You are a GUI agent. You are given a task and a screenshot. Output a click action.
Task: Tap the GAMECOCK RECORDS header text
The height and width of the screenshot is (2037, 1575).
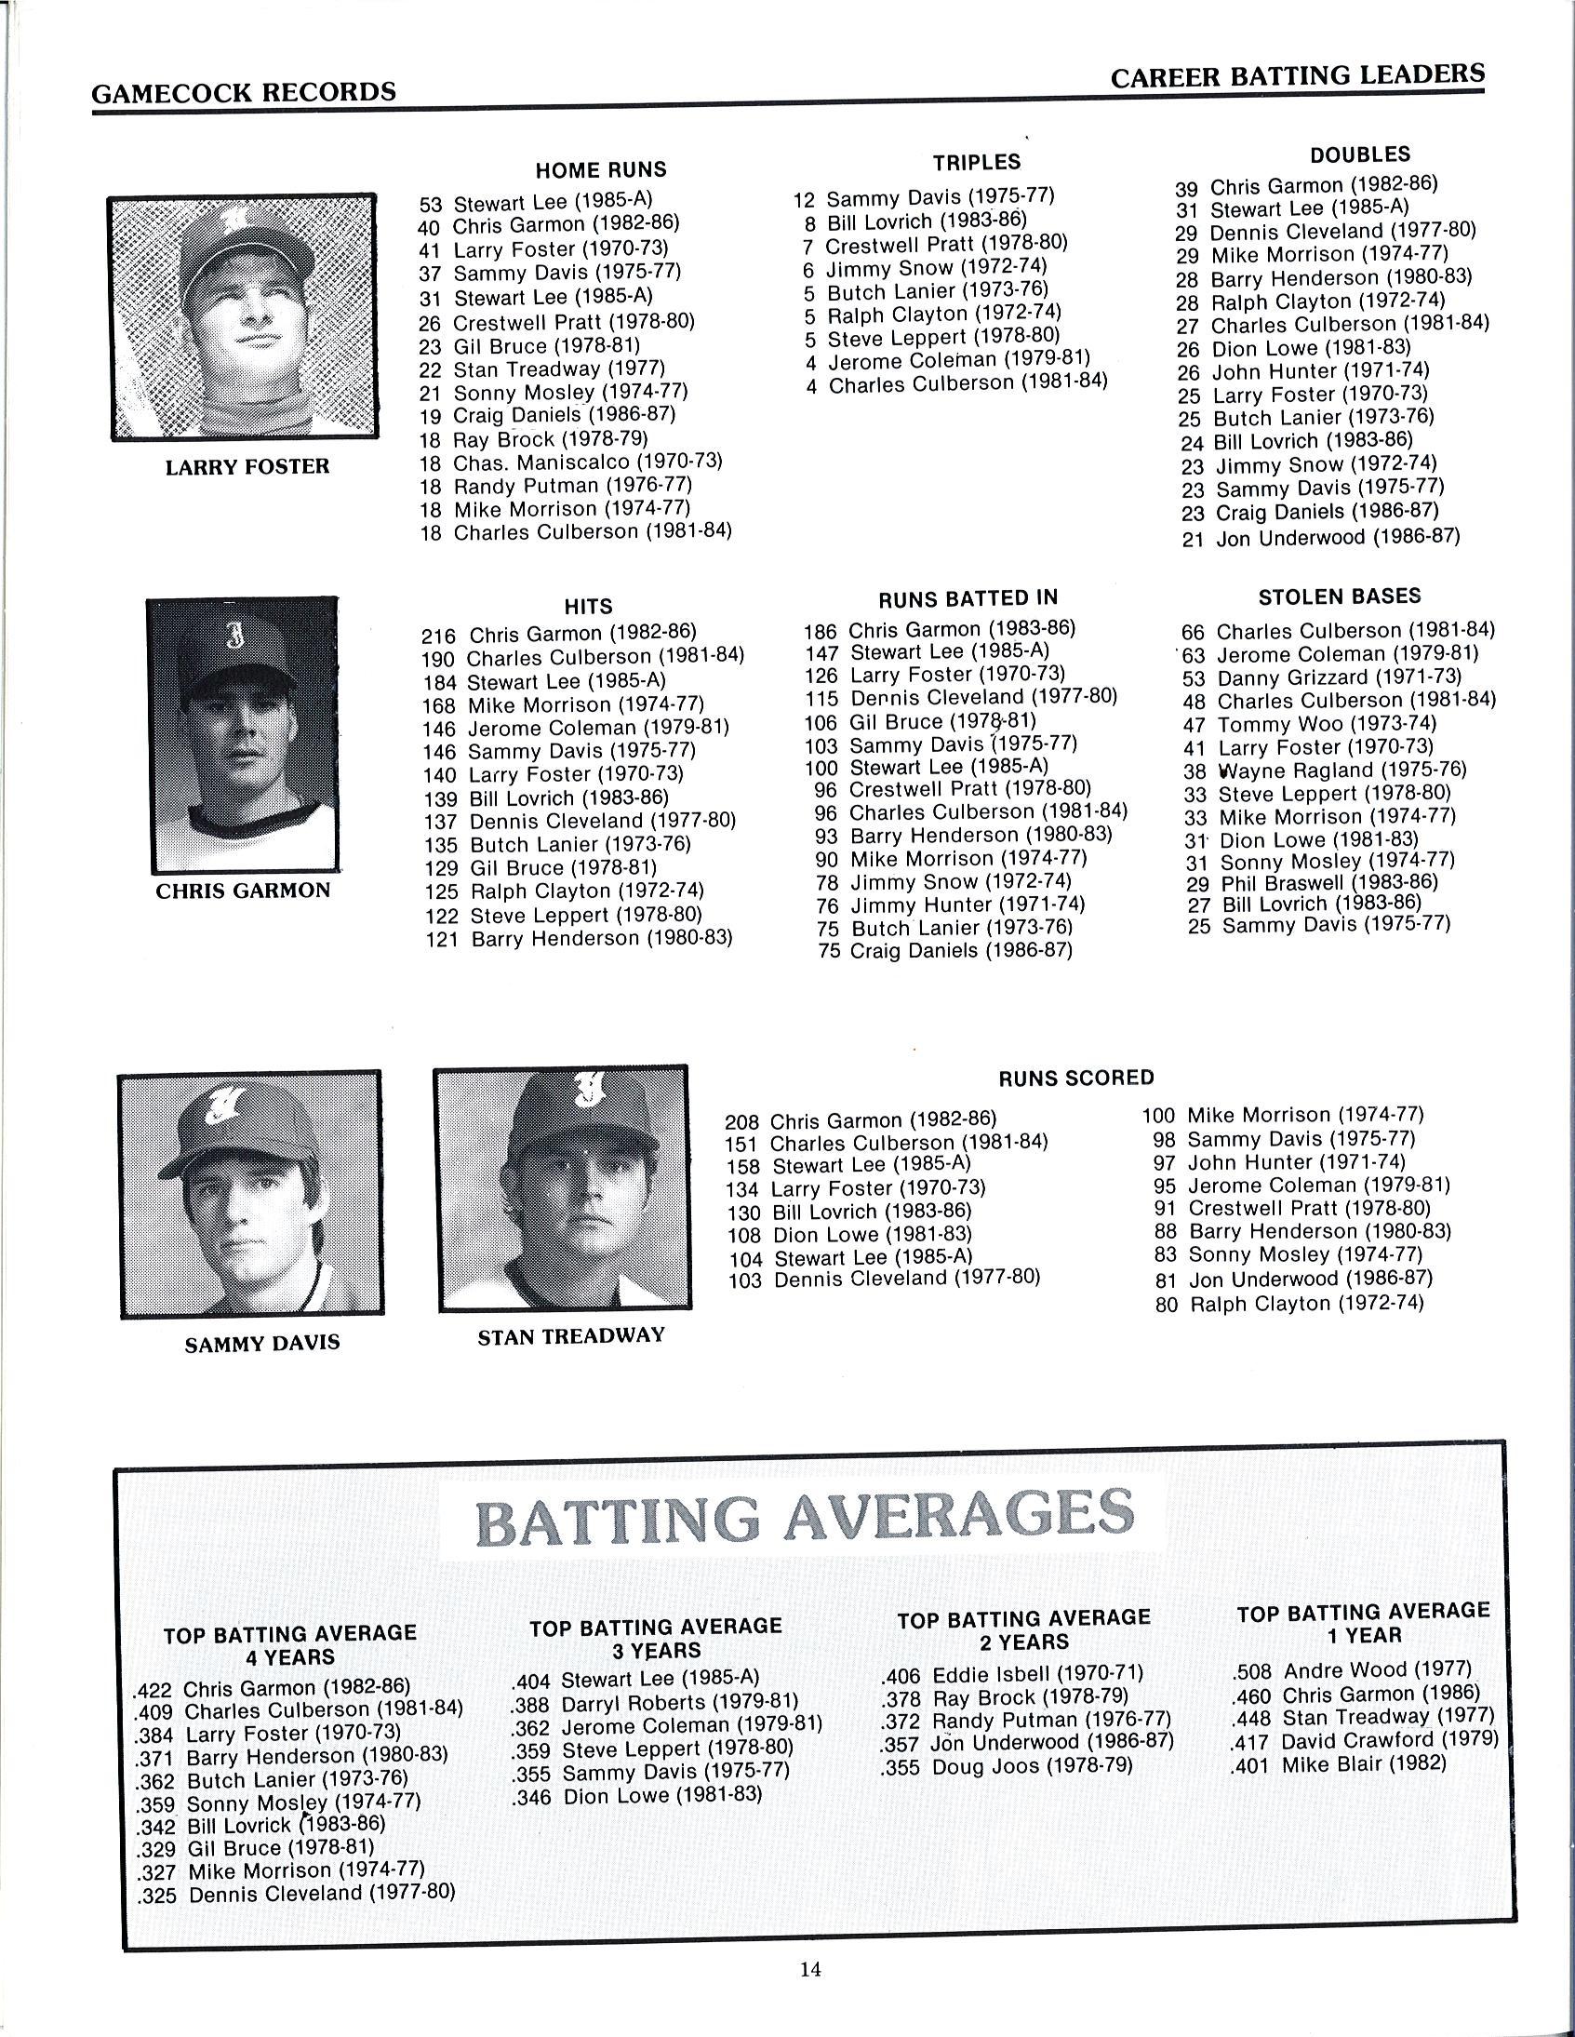pos(244,92)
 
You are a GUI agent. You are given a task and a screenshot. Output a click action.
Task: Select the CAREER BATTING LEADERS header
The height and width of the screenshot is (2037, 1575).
pos(1297,76)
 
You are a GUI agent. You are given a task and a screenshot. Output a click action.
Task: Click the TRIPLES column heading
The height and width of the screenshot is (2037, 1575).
pos(976,162)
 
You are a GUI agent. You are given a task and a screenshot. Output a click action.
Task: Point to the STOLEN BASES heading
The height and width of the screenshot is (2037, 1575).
pos(1339,596)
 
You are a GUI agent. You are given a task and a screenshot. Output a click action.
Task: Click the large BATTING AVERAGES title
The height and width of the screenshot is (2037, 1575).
pos(806,1518)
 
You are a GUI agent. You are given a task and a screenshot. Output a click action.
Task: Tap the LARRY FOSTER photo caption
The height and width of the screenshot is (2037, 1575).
pos(247,466)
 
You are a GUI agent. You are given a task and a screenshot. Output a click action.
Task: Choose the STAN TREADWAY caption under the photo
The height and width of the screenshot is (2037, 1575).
pos(570,1335)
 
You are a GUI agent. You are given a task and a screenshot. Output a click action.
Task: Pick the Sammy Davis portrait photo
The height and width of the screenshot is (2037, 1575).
pos(251,1193)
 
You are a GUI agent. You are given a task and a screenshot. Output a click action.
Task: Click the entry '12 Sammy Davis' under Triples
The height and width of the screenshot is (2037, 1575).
pos(923,197)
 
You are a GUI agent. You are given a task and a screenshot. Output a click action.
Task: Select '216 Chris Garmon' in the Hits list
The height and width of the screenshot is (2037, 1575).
pos(558,635)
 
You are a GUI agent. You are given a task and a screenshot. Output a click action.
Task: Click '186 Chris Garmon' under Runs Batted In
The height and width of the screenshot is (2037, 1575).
pos(939,630)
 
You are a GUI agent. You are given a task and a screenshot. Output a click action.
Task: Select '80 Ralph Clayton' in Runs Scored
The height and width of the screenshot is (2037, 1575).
pos(1289,1304)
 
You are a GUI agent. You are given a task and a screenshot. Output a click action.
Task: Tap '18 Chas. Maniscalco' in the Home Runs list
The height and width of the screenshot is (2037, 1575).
pos(570,462)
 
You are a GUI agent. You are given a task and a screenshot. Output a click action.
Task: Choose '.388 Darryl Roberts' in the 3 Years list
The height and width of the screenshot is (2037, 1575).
pos(655,1703)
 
